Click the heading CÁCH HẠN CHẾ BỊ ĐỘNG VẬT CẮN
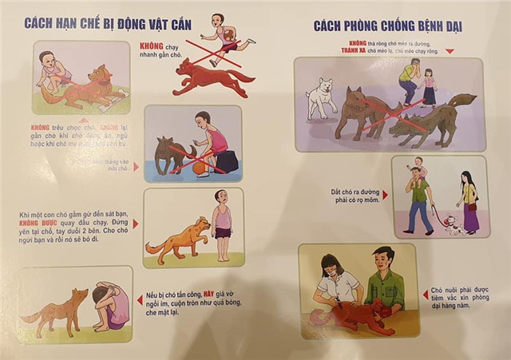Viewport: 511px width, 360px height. coord(108,23)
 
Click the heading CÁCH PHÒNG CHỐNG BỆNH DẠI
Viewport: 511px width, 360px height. coord(387,26)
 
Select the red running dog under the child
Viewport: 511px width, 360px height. coord(209,77)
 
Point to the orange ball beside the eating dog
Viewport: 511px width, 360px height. coord(200,168)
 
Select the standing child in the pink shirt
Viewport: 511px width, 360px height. coord(223,225)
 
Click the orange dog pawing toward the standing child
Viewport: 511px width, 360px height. coord(177,239)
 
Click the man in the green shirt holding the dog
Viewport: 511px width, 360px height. coord(384,279)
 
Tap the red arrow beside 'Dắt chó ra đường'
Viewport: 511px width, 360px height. coord(385,194)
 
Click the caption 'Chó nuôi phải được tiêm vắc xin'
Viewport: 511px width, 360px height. coord(468,296)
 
